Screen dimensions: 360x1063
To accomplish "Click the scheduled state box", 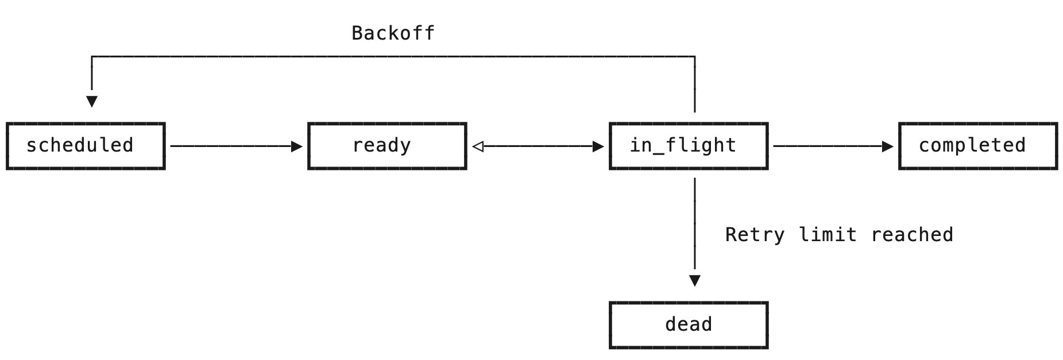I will [x=86, y=146].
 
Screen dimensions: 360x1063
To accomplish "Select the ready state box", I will [x=387, y=146].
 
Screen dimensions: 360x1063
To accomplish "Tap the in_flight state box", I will [x=689, y=146].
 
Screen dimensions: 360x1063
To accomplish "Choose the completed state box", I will [x=977, y=146].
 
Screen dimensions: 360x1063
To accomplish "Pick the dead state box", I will [x=689, y=325].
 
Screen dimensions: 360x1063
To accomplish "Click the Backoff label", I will [x=393, y=33].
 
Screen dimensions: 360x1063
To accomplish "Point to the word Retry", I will [x=755, y=235].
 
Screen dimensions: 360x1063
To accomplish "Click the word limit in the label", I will [x=827, y=235].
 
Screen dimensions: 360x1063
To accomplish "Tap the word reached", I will [x=911, y=235].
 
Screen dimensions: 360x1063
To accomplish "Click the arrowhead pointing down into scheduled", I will [x=92, y=101].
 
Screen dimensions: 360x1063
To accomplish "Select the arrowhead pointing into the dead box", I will [x=695, y=280].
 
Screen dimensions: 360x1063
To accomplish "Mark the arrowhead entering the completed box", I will [x=887, y=146].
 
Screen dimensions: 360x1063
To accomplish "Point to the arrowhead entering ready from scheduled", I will [x=296, y=146].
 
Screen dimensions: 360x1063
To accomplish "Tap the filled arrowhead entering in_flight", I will [x=598, y=146].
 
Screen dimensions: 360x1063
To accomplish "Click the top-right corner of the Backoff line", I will [x=695, y=57].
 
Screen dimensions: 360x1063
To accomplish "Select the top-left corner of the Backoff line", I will [x=92, y=57].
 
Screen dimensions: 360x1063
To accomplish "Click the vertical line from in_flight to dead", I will [x=695, y=224].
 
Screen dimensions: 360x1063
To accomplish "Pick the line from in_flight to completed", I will [x=827, y=146].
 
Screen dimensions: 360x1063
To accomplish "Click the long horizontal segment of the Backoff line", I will [x=393, y=57].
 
